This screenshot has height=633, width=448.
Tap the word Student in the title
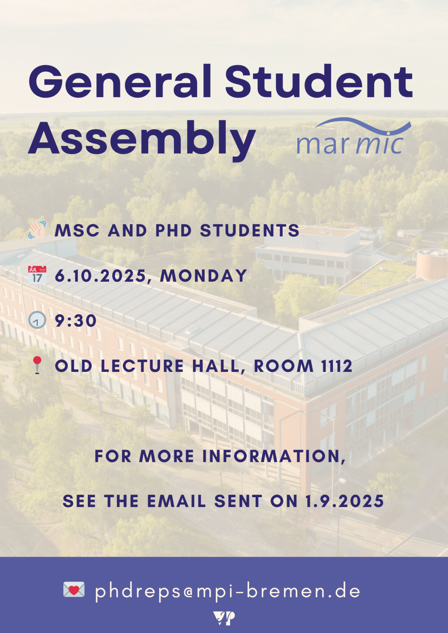(319, 81)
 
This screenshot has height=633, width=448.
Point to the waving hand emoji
(37, 230)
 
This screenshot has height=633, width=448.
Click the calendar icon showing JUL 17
(37, 275)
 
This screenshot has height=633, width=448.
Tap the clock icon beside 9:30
(37, 320)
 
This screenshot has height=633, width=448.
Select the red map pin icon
(37, 364)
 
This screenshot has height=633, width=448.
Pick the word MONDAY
(203, 276)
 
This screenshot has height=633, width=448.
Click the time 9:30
(76, 321)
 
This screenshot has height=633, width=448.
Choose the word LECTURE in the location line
(142, 366)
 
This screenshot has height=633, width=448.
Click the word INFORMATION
(274, 456)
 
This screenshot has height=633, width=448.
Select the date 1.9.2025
(345, 501)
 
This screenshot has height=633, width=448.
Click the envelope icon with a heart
(74, 590)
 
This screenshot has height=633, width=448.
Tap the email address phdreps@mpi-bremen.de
(228, 591)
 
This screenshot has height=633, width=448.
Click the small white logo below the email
(224, 618)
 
